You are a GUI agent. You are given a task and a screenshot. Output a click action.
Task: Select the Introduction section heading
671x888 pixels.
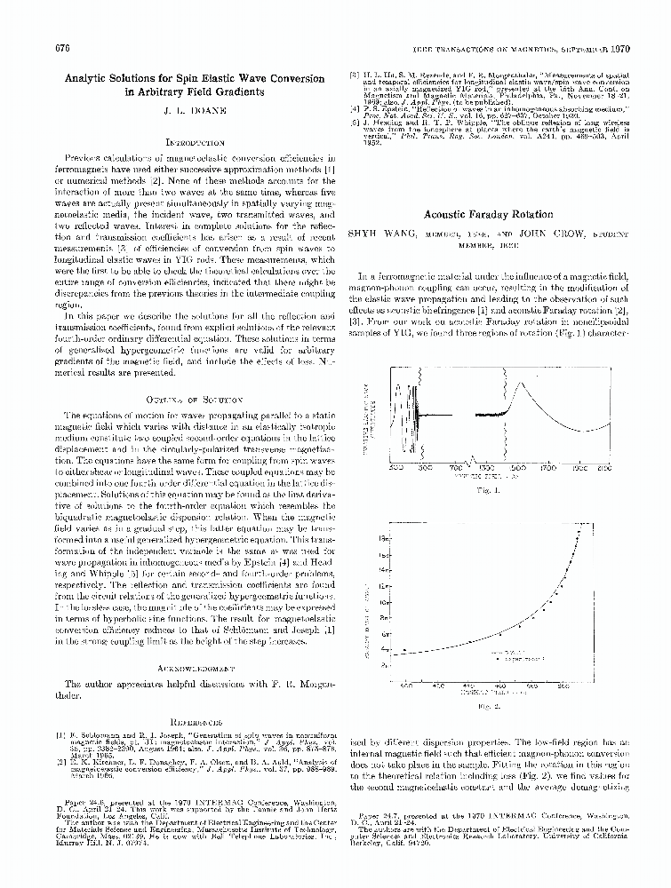[x=194, y=142]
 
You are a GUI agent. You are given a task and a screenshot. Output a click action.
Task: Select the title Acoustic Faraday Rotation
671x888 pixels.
[x=488, y=215]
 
